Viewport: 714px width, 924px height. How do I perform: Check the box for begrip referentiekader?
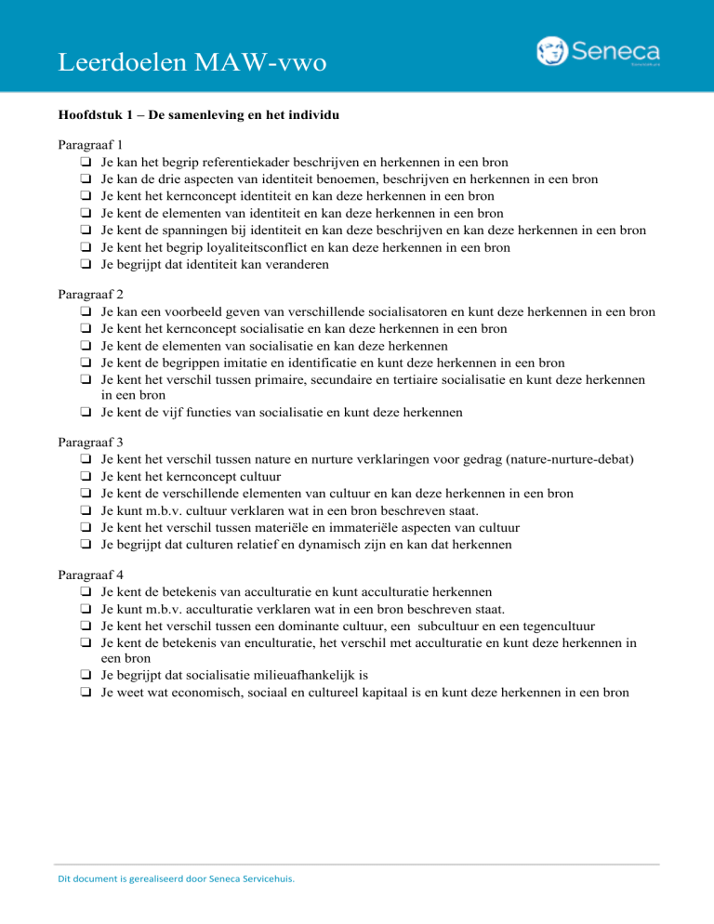point(85,162)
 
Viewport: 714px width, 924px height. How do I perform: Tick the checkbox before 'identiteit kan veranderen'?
point(85,263)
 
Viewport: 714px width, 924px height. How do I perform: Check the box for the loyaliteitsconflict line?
point(85,246)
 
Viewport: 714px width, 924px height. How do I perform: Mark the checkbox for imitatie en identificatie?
point(85,363)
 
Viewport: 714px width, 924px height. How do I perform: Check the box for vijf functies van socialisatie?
point(85,412)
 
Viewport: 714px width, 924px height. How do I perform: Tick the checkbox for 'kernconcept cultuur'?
point(85,477)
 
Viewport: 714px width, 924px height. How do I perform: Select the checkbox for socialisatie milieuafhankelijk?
point(85,676)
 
